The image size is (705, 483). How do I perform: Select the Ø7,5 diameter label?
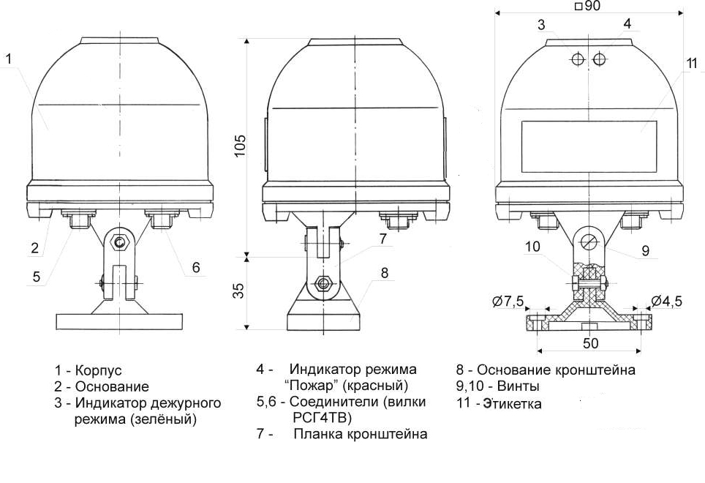click(x=509, y=300)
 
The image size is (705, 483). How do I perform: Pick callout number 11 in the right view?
click(x=691, y=64)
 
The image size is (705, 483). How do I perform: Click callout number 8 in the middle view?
click(x=385, y=273)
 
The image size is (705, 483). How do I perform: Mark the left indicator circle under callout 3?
click(x=577, y=59)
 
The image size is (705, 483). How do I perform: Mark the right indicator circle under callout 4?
click(x=600, y=59)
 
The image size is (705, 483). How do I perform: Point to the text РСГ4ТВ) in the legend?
click(x=322, y=418)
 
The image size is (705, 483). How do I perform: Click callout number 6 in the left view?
click(x=196, y=267)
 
